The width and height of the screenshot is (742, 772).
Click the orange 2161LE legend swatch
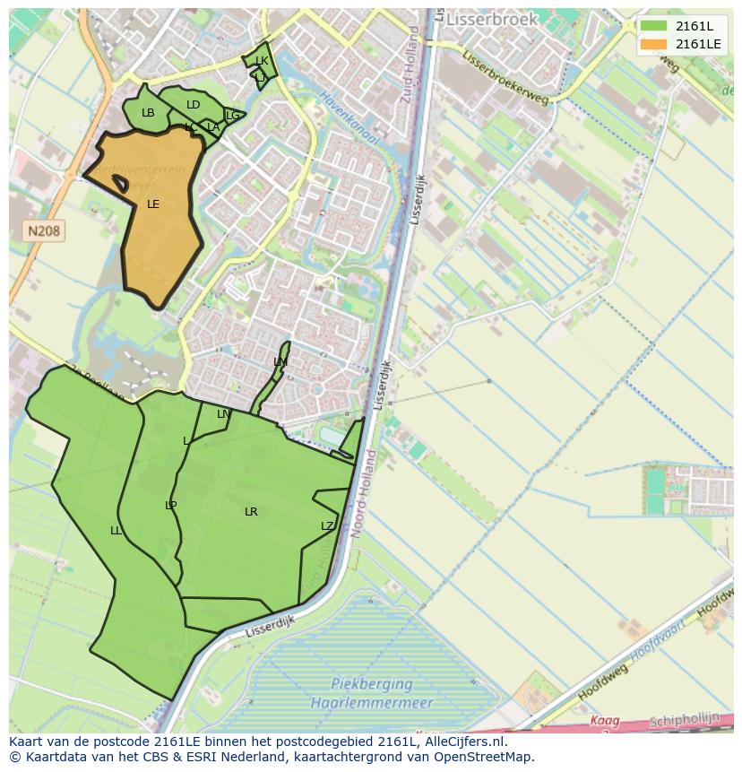[x=653, y=44]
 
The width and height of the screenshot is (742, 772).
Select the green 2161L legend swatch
[x=653, y=26]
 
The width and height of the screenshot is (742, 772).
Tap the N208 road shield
[x=44, y=231]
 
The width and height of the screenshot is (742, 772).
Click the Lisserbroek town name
[x=492, y=19]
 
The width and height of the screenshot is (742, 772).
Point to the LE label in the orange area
[x=153, y=204]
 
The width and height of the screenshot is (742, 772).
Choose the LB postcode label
[x=148, y=113]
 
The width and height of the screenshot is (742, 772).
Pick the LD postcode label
[x=193, y=105]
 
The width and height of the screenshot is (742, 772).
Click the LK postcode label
[x=262, y=61]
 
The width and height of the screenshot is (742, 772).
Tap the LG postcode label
[x=232, y=116]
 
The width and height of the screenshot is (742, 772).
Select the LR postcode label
[x=251, y=512]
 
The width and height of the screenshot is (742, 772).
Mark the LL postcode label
[x=116, y=531]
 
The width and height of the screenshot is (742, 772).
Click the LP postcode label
[x=170, y=506]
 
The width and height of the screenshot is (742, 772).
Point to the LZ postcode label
[x=327, y=526]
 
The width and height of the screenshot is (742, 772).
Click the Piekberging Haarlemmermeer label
[x=372, y=693]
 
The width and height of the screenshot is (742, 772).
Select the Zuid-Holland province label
[x=410, y=65]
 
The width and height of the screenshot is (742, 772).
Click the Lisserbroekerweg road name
[x=507, y=75]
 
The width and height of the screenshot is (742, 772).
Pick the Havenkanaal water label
[x=349, y=119]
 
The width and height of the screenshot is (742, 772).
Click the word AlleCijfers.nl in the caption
[x=465, y=742]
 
